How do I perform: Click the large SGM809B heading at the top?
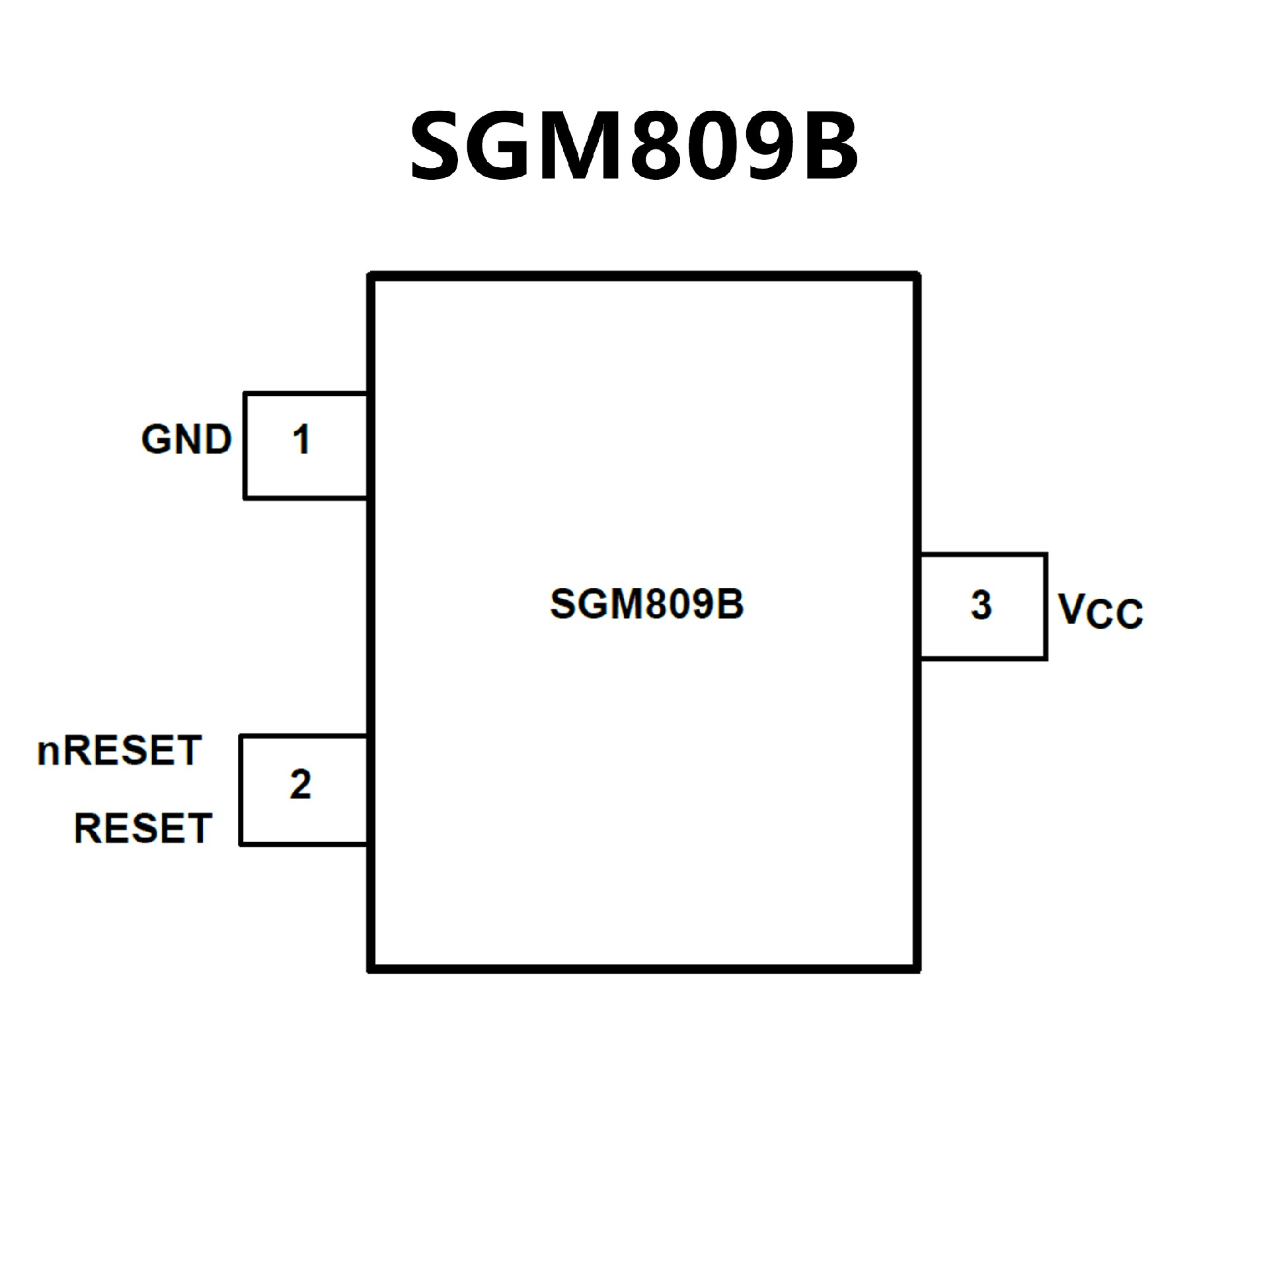[634, 147]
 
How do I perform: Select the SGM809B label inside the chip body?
[646, 603]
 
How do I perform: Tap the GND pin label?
[186, 440]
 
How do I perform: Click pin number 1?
[301, 440]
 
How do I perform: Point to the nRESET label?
[119, 751]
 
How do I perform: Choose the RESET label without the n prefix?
[143, 828]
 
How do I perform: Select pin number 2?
[301, 785]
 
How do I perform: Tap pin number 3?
[981, 605]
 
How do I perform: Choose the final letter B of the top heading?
[827, 147]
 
